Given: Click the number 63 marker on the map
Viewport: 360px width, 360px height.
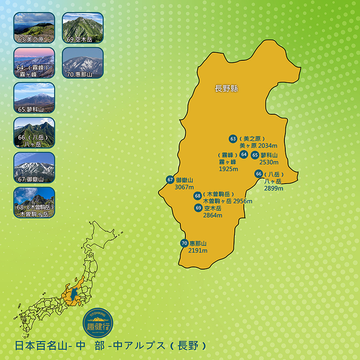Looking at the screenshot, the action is tap(233, 139).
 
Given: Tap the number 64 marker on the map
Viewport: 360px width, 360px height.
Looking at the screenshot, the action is tap(244, 154).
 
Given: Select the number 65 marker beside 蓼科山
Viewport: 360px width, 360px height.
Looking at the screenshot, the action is tap(255, 155).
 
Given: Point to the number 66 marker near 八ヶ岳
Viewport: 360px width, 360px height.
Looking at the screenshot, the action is tap(258, 174).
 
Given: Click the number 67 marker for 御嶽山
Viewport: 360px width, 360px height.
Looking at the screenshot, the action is tap(170, 179).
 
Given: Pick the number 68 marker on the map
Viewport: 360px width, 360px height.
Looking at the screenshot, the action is tap(198, 195).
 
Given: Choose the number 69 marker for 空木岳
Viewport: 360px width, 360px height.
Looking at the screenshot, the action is tap(198, 207).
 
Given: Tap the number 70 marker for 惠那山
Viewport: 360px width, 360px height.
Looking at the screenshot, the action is tap(184, 243).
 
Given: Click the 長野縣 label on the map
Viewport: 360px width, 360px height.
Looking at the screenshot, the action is tap(226, 89).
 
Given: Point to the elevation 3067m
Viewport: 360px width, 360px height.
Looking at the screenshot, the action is tap(184, 187).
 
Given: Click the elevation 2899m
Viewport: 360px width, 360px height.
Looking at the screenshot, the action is tap(274, 188).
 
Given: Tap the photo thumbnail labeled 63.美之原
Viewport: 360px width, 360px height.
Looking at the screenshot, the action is tap(34, 27).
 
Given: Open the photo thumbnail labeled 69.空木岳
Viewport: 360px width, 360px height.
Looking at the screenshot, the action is tap(82, 27).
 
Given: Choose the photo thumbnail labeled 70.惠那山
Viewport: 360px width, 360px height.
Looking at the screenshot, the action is tap(82, 62).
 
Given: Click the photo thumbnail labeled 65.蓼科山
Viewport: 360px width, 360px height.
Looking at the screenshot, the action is tap(34, 97).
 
